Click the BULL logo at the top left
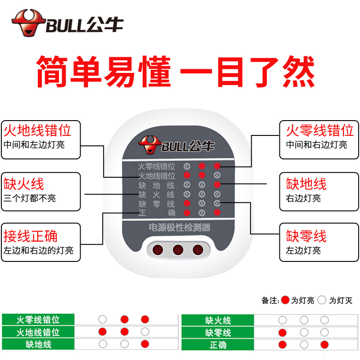click(67, 23)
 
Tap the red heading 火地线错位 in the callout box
click(37, 130)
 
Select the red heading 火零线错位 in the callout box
click(319, 130)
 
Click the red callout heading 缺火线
click(24, 184)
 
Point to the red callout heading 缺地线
click(306, 184)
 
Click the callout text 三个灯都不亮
click(30, 198)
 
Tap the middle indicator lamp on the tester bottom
click(178, 250)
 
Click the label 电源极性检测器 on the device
click(180, 228)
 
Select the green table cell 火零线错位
click(38, 319)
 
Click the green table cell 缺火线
click(218, 320)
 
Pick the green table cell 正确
click(218, 345)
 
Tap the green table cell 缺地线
click(38, 344)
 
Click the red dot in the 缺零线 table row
click(283, 333)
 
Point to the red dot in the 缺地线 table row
click(145, 344)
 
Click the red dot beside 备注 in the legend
click(285, 300)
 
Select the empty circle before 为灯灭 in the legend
click(322, 300)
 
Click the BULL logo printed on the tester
click(176, 144)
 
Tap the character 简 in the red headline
click(52, 72)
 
